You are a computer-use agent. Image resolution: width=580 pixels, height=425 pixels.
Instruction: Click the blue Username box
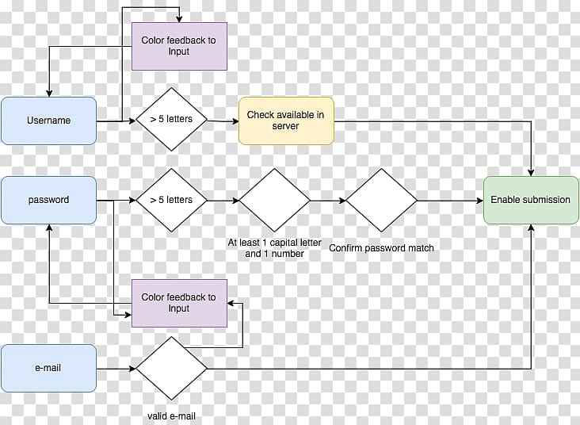(48, 121)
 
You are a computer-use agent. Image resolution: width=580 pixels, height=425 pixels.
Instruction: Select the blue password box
(48, 200)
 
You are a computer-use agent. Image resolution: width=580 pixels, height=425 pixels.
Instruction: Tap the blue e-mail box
(48, 368)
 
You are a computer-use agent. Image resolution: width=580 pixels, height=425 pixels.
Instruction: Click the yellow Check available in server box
(285, 121)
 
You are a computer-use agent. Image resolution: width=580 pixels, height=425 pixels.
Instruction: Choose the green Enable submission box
(530, 200)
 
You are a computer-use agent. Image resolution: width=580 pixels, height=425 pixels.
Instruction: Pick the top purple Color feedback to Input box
(179, 45)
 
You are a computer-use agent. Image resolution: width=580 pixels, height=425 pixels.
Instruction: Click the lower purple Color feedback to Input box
(179, 303)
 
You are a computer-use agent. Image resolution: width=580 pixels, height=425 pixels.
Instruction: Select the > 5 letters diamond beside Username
(171, 121)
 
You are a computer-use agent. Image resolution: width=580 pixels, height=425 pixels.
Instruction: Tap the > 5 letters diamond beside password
(171, 200)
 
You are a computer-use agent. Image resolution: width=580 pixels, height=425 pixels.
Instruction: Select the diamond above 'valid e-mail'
(171, 369)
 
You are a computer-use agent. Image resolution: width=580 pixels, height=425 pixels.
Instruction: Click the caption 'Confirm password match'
(381, 248)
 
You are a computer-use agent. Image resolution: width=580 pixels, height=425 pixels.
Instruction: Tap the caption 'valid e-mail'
(171, 416)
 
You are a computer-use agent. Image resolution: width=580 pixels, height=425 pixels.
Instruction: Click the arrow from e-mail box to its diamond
(116, 369)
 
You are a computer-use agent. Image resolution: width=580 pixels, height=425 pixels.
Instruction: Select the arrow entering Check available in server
(223, 121)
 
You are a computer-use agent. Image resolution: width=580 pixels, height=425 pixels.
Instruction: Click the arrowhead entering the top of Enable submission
(531, 172)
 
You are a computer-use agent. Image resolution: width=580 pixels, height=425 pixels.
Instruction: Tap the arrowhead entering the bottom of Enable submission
(531, 228)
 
